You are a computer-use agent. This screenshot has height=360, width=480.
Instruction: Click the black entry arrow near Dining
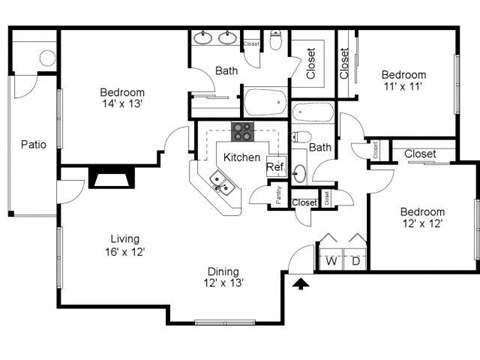click(301, 283)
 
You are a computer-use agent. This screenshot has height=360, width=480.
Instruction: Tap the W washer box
click(331, 261)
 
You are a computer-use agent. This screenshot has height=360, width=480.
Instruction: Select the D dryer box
click(355, 261)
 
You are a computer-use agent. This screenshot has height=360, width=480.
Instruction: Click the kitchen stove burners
click(242, 130)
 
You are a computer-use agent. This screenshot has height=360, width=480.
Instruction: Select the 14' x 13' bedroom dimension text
click(122, 102)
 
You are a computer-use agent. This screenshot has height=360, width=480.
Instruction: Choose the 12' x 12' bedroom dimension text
click(421, 224)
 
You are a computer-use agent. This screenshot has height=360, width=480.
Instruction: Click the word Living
click(126, 238)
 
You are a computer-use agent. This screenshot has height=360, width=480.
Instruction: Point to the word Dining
click(225, 270)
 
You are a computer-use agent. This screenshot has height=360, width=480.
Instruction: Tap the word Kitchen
click(241, 158)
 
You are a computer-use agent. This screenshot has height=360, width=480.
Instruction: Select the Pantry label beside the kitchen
click(278, 195)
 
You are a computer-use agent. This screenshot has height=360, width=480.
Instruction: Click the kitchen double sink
click(220, 183)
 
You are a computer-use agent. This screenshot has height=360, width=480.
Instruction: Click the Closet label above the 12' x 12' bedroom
click(419, 154)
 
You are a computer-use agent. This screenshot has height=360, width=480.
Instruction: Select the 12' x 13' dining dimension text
click(225, 283)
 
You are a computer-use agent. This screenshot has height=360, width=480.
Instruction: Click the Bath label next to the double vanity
click(226, 71)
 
